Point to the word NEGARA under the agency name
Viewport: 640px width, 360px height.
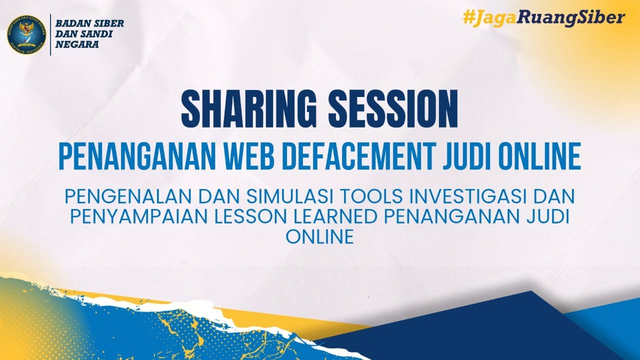click(77, 44)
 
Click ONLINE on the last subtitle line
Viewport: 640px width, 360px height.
click(320, 237)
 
